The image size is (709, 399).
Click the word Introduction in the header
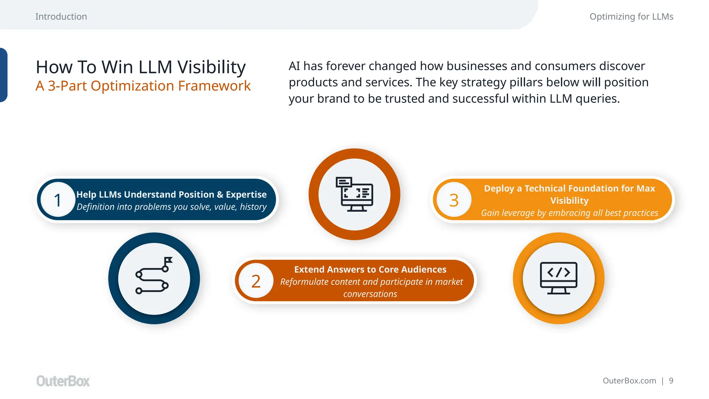(x=61, y=17)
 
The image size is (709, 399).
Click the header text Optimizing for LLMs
(x=631, y=17)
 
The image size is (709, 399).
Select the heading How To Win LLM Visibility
(x=141, y=67)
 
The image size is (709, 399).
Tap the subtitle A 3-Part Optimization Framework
(x=143, y=86)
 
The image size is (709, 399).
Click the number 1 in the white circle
(x=58, y=200)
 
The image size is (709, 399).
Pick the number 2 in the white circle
(x=256, y=281)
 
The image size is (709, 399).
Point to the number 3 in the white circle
(x=454, y=200)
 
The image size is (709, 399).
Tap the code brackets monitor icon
(x=558, y=278)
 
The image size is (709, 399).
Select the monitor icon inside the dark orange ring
(x=354, y=194)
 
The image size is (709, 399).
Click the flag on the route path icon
(x=168, y=260)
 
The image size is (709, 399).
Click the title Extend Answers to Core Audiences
(x=370, y=269)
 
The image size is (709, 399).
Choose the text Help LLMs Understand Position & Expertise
(x=171, y=195)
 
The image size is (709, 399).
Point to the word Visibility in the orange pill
(x=569, y=201)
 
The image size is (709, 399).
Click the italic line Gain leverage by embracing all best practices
(x=569, y=213)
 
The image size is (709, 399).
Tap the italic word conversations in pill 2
(x=370, y=294)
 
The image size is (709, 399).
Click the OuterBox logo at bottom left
(x=63, y=381)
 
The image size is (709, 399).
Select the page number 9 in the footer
(x=671, y=381)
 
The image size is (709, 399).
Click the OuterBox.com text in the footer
(x=629, y=381)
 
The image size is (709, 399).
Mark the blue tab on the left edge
(x=3, y=75)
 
